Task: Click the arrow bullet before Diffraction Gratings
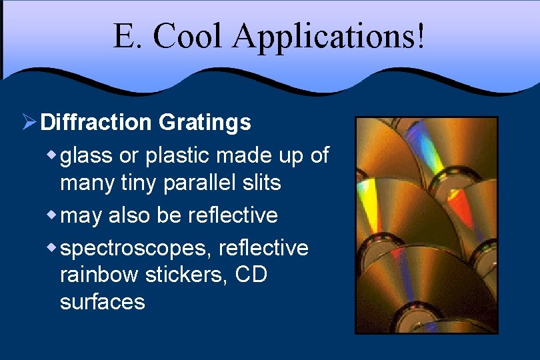[29, 122]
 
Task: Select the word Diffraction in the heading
[96, 122]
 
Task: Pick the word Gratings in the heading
[205, 122]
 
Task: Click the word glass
[85, 156]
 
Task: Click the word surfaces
[102, 301]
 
